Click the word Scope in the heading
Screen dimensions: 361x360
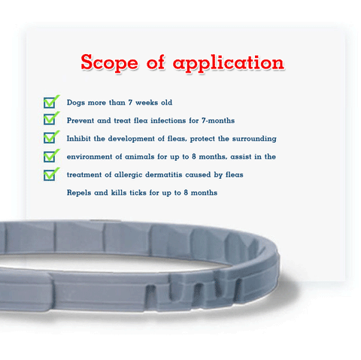click(x=109, y=62)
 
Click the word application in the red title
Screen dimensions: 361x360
click(x=229, y=62)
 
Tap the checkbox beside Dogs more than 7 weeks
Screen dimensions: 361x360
click(x=51, y=101)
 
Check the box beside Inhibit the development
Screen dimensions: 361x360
click(x=51, y=137)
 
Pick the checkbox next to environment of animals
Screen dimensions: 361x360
click(x=51, y=156)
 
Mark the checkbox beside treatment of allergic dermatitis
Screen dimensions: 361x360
click(x=51, y=174)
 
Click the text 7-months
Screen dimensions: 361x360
click(x=218, y=120)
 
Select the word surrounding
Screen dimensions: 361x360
click(x=254, y=139)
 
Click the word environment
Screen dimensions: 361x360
click(x=89, y=156)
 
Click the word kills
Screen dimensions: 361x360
click(x=119, y=192)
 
